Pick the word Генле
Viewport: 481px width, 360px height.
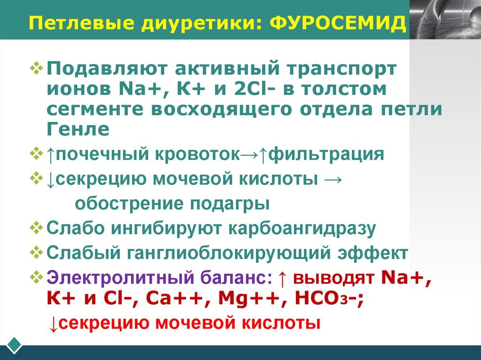[78, 128]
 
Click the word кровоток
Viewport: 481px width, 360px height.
[195, 154]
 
